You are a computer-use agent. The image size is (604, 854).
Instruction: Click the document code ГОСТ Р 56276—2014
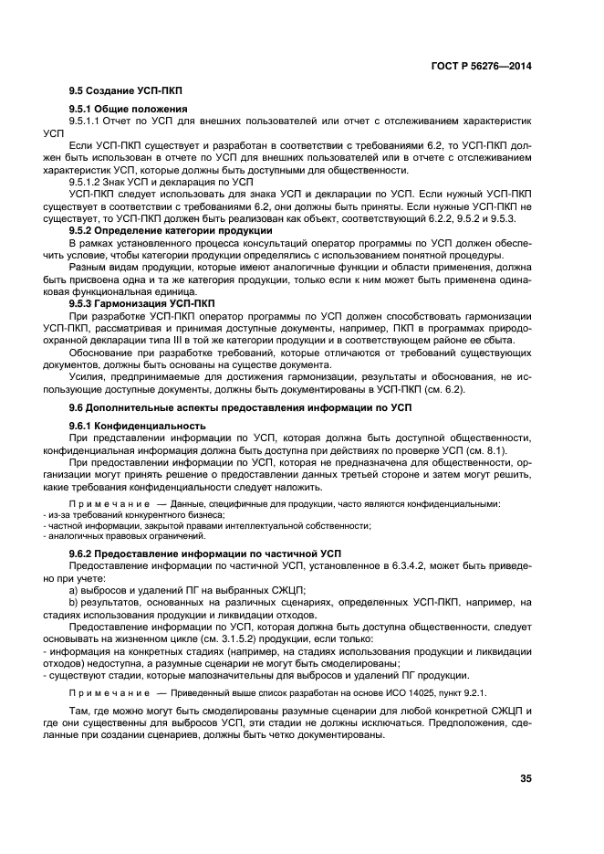pyautogui.click(x=482, y=66)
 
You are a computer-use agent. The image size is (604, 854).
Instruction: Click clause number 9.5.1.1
pyautogui.click(x=86, y=121)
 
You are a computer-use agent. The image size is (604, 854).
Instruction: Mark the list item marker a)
pyautogui.click(x=75, y=589)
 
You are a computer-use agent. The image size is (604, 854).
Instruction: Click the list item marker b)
pyautogui.click(x=75, y=601)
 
